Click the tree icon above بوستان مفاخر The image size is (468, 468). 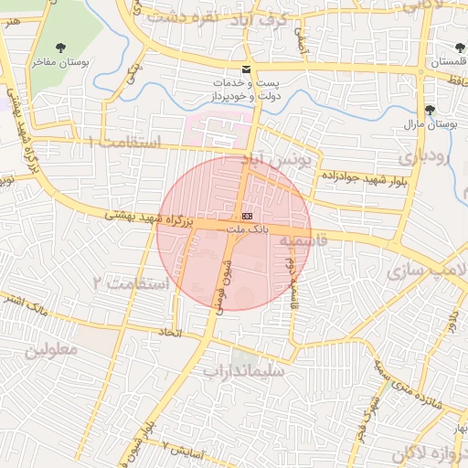tap(61, 47)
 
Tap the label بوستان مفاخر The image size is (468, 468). tap(61, 62)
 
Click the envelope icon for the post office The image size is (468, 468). tap(245, 69)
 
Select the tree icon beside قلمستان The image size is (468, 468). tap(458, 47)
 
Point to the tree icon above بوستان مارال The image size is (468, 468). tap(431, 109)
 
